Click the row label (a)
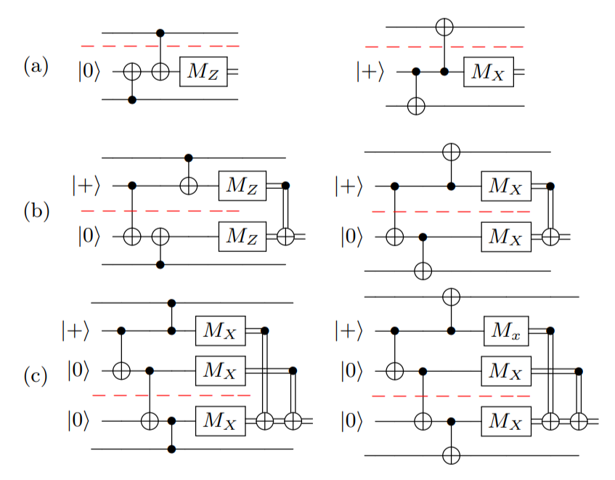pyautogui.click(x=36, y=68)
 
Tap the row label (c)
pyautogui.click(x=36, y=376)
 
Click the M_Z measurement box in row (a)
pyautogui.click(x=204, y=73)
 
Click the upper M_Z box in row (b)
pyautogui.click(x=243, y=185)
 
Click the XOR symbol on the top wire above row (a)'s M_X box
pyautogui.click(x=444, y=27)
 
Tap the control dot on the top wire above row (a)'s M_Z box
pyautogui.click(x=160, y=33)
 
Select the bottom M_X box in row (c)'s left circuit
pyautogui.click(x=221, y=420)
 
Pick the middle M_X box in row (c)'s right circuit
pyautogui.click(x=506, y=371)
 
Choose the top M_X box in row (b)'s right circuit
pyautogui.click(x=506, y=185)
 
